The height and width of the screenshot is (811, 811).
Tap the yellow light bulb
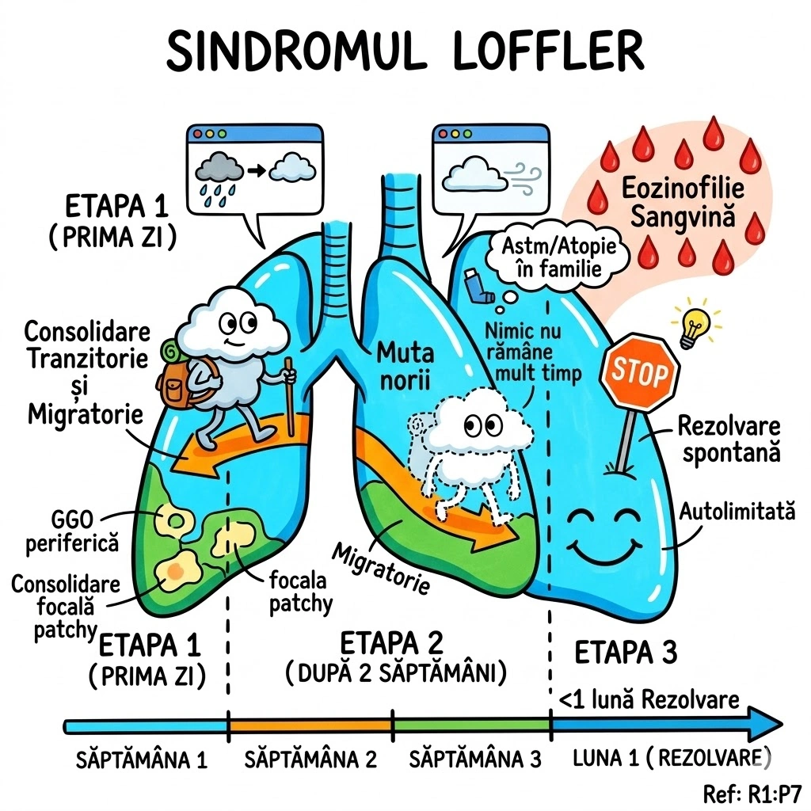pyautogui.click(x=695, y=326)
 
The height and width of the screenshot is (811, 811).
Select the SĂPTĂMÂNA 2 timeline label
pyautogui.click(x=310, y=760)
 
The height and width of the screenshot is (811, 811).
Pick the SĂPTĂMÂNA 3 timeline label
pyautogui.click(x=474, y=760)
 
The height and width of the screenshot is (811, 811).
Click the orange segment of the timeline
pyautogui.click(x=310, y=724)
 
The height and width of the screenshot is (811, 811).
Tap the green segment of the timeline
pyautogui.click(x=472, y=724)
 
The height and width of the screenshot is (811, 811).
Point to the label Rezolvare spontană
pyautogui.click(x=728, y=440)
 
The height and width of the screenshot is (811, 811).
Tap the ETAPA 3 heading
pyautogui.click(x=626, y=654)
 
